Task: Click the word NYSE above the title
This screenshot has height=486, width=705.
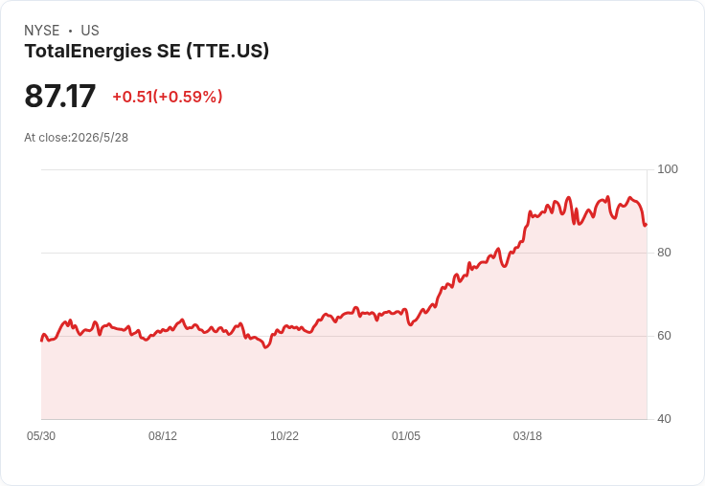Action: pyautogui.click(x=42, y=31)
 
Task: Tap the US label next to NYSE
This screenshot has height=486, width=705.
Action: pyautogui.click(x=90, y=31)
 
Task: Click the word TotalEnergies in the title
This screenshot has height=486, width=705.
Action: pyautogui.click(x=88, y=51)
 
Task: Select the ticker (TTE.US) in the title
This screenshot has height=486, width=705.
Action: pyautogui.click(x=228, y=51)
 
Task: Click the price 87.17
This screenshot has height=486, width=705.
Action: pyautogui.click(x=59, y=96)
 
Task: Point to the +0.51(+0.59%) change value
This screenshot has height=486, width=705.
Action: pyautogui.click(x=168, y=97)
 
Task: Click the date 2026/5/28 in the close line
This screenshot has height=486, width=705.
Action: pyautogui.click(x=100, y=138)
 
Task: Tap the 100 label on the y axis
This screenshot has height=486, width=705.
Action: pyautogui.click(x=668, y=169)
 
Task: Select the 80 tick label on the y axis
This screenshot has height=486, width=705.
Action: pyautogui.click(x=664, y=253)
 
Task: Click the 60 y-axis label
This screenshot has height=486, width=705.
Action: pyautogui.click(x=664, y=336)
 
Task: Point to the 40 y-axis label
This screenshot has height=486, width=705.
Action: pyautogui.click(x=664, y=419)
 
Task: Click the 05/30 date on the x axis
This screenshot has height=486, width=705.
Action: pyautogui.click(x=41, y=436)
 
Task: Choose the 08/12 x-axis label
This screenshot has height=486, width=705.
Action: pyautogui.click(x=163, y=436)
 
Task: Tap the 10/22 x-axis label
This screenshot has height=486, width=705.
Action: pyautogui.click(x=284, y=436)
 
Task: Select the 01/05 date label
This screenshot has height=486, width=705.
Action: pyautogui.click(x=406, y=436)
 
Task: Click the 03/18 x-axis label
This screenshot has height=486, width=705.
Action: pyautogui.click(x=528, y=436)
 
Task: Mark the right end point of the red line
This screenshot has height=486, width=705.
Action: pyautogui.click(x=647, y=225)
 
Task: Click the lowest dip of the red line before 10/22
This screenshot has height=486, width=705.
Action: pyautogui.click(x=265, y=347)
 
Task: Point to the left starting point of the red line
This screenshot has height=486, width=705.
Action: pyautogui.click(x=41, y=341)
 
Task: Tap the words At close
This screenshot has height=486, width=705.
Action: pyautogui.click(x=46, y=138)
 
